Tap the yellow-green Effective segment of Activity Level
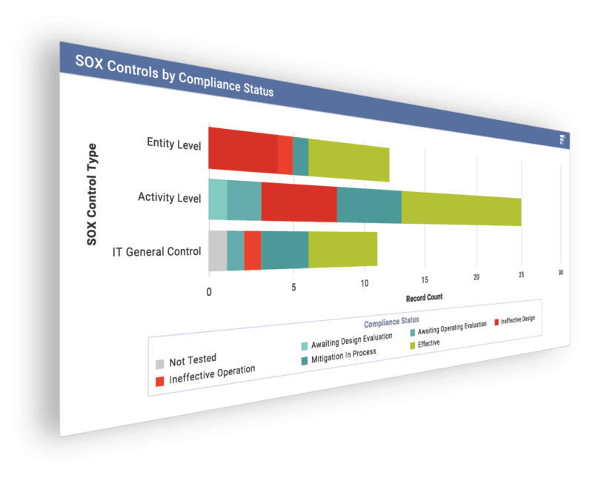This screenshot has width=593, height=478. click(460, 207)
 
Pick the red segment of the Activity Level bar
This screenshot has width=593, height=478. click(299, 202)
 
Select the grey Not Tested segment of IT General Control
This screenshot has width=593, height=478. click(217, 250)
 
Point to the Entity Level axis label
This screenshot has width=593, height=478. click(173, 143)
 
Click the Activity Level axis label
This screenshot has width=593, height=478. click(169, 197)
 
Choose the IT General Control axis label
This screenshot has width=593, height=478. click(156, 251)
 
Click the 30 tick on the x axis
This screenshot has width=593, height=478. click(560, 273)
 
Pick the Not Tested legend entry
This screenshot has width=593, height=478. click(192, 361)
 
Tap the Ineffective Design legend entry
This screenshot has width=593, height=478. click(517, 320)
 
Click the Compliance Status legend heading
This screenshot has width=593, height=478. click(391, 321)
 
